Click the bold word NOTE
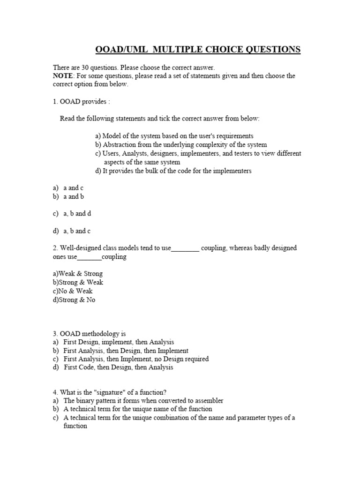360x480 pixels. (x=62, y=76)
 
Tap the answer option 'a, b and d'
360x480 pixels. (x=77, y=214)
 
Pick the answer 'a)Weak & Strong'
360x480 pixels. (x=77, y=274)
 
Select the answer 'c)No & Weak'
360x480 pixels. (x=73, y=291)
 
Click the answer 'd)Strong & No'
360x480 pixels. (x=74, y=300)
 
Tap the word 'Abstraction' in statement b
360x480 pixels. (x=119, y=145)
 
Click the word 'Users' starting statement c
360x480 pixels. (x=111, y=154)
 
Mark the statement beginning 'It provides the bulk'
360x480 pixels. (x=173, y=171)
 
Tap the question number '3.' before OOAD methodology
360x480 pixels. (x=55, y=334)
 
